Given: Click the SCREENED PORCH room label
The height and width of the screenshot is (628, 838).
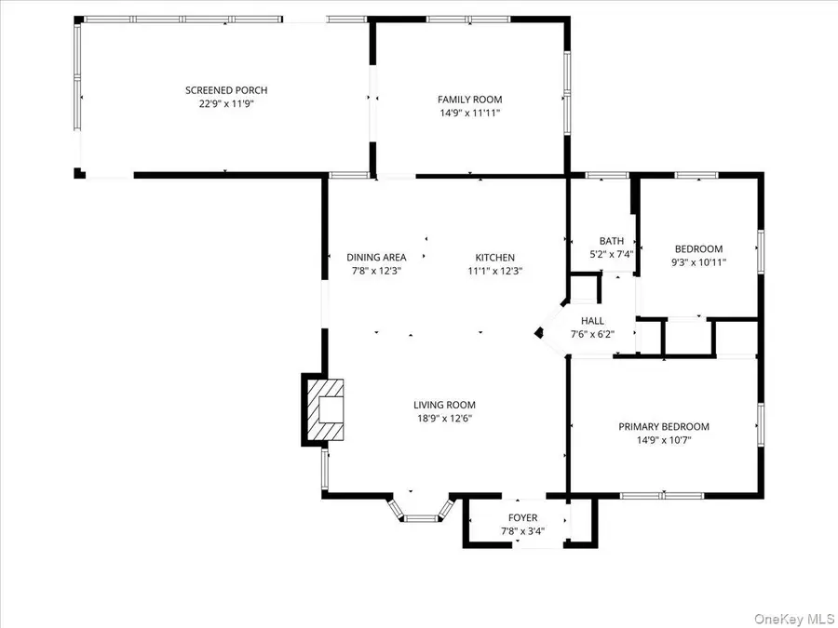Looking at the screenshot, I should coord(226,90).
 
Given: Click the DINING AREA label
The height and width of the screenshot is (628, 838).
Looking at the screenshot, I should coord(376,258).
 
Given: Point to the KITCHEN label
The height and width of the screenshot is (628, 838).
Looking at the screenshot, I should coord(494,258).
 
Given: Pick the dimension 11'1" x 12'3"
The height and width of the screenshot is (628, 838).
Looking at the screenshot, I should coord(494,272).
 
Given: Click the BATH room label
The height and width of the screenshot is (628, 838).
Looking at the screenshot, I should coord(612,241).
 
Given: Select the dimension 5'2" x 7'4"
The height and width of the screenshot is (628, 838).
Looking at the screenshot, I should coord(612,254).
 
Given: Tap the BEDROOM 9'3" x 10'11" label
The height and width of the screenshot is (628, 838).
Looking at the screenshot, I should coord(698,249).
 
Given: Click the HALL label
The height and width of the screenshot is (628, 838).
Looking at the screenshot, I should coord(592,321).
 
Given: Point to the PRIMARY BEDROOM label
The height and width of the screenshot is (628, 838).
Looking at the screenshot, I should coord(664,427).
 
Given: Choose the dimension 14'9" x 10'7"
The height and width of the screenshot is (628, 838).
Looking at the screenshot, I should coord(664,440).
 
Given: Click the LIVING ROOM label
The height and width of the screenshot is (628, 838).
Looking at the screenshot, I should coord(444,405).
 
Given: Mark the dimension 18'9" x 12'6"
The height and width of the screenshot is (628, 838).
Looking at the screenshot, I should coord(444,419).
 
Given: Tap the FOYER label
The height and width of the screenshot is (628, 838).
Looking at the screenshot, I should coord(522,518).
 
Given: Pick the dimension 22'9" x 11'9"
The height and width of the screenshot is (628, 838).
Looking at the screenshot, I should coord(226,104).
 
